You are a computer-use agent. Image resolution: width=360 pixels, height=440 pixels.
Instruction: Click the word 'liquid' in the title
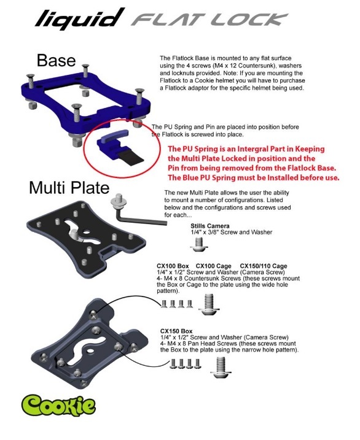80,18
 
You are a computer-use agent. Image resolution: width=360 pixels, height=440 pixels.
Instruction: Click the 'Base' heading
56,60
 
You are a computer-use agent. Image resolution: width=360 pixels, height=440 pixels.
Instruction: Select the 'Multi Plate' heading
69,188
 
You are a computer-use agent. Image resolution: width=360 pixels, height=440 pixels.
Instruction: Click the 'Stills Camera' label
209,226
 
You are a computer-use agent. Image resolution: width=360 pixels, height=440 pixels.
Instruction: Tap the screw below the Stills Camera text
199,244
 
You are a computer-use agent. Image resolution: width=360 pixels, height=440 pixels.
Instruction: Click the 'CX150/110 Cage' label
264,266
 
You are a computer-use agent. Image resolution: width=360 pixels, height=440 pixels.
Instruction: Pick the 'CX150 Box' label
176,331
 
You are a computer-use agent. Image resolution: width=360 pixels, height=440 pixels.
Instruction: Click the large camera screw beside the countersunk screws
209,304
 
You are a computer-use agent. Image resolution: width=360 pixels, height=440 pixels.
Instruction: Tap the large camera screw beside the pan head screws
221,367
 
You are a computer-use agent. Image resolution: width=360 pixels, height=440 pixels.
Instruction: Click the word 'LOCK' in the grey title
249,20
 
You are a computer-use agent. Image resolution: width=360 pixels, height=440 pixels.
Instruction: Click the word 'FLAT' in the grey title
170,20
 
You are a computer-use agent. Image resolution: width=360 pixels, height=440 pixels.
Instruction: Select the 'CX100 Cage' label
213,266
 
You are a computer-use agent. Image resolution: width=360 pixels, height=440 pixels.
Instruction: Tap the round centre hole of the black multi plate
86,232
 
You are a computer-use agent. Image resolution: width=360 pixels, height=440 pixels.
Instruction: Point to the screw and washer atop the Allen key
119,201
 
